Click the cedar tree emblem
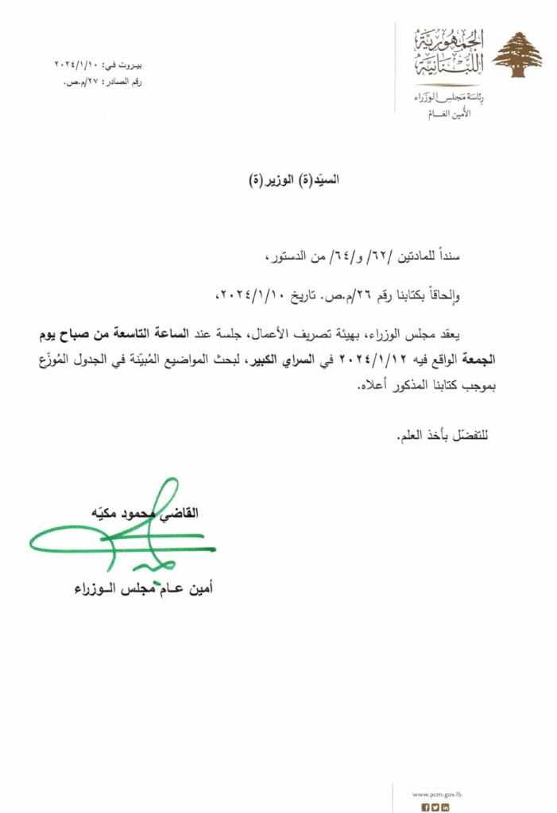coord(516,55)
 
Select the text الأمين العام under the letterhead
coord(444,115)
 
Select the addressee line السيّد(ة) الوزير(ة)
coord(294,179)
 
